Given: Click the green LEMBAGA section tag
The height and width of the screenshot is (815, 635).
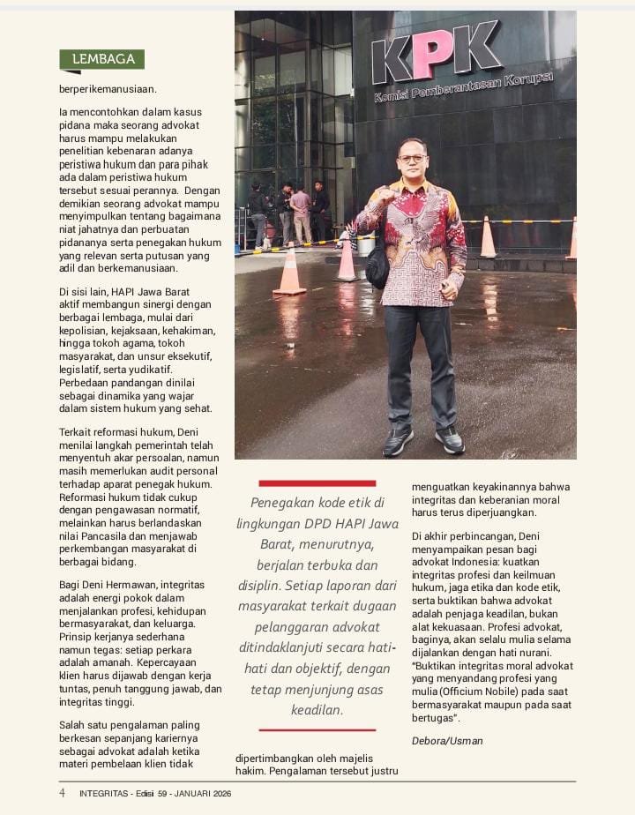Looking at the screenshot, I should [102, 59].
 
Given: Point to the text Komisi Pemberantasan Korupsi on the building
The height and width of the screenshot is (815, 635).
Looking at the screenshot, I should [462, 88].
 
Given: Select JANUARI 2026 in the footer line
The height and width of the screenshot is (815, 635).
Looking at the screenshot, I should [205, 793].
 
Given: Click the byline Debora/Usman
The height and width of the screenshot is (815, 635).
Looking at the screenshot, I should [447, 741].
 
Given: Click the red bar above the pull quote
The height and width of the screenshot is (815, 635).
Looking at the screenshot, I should [317, 483].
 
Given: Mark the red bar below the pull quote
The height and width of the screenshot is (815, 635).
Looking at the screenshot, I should [317, 729].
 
